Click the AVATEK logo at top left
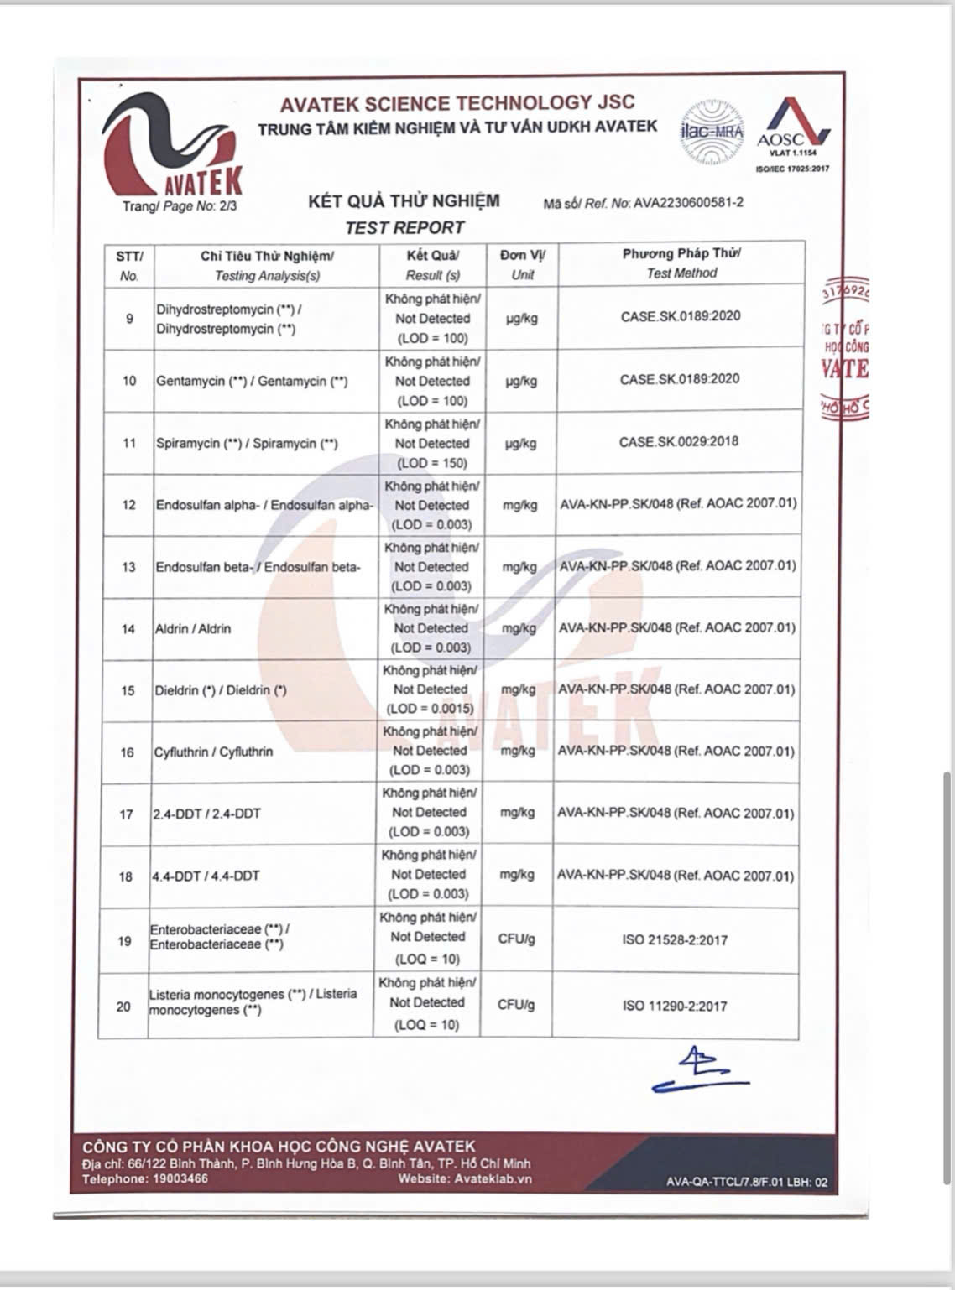coord(172,143)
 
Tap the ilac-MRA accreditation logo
coord(712,132)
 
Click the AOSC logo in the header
coord(793,130)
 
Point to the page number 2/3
coord(227,206)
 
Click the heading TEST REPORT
coord(404,227)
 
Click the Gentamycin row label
coord(252,381)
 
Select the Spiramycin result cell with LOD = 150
coord(432,444)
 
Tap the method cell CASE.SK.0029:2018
coord(679,442)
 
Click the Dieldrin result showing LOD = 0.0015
coord(430,689)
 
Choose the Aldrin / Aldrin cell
coord(193,628)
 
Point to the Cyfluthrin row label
coord(213,752)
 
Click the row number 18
coord(125,876)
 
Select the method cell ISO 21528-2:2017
coord(675,940)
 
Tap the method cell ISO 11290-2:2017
coord(675,1006)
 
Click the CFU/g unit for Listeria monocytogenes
coord(515,1005)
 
